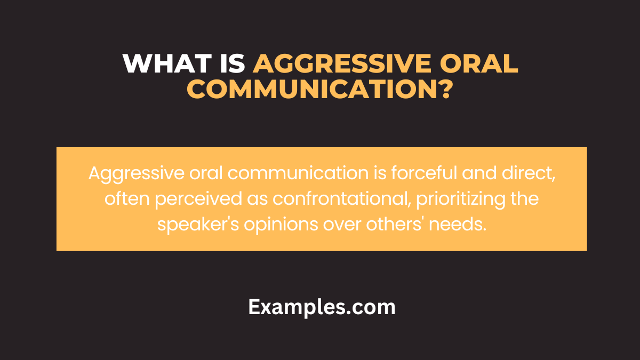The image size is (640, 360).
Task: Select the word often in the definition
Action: pos(121,199)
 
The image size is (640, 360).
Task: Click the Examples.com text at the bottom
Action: pos(322,307)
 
